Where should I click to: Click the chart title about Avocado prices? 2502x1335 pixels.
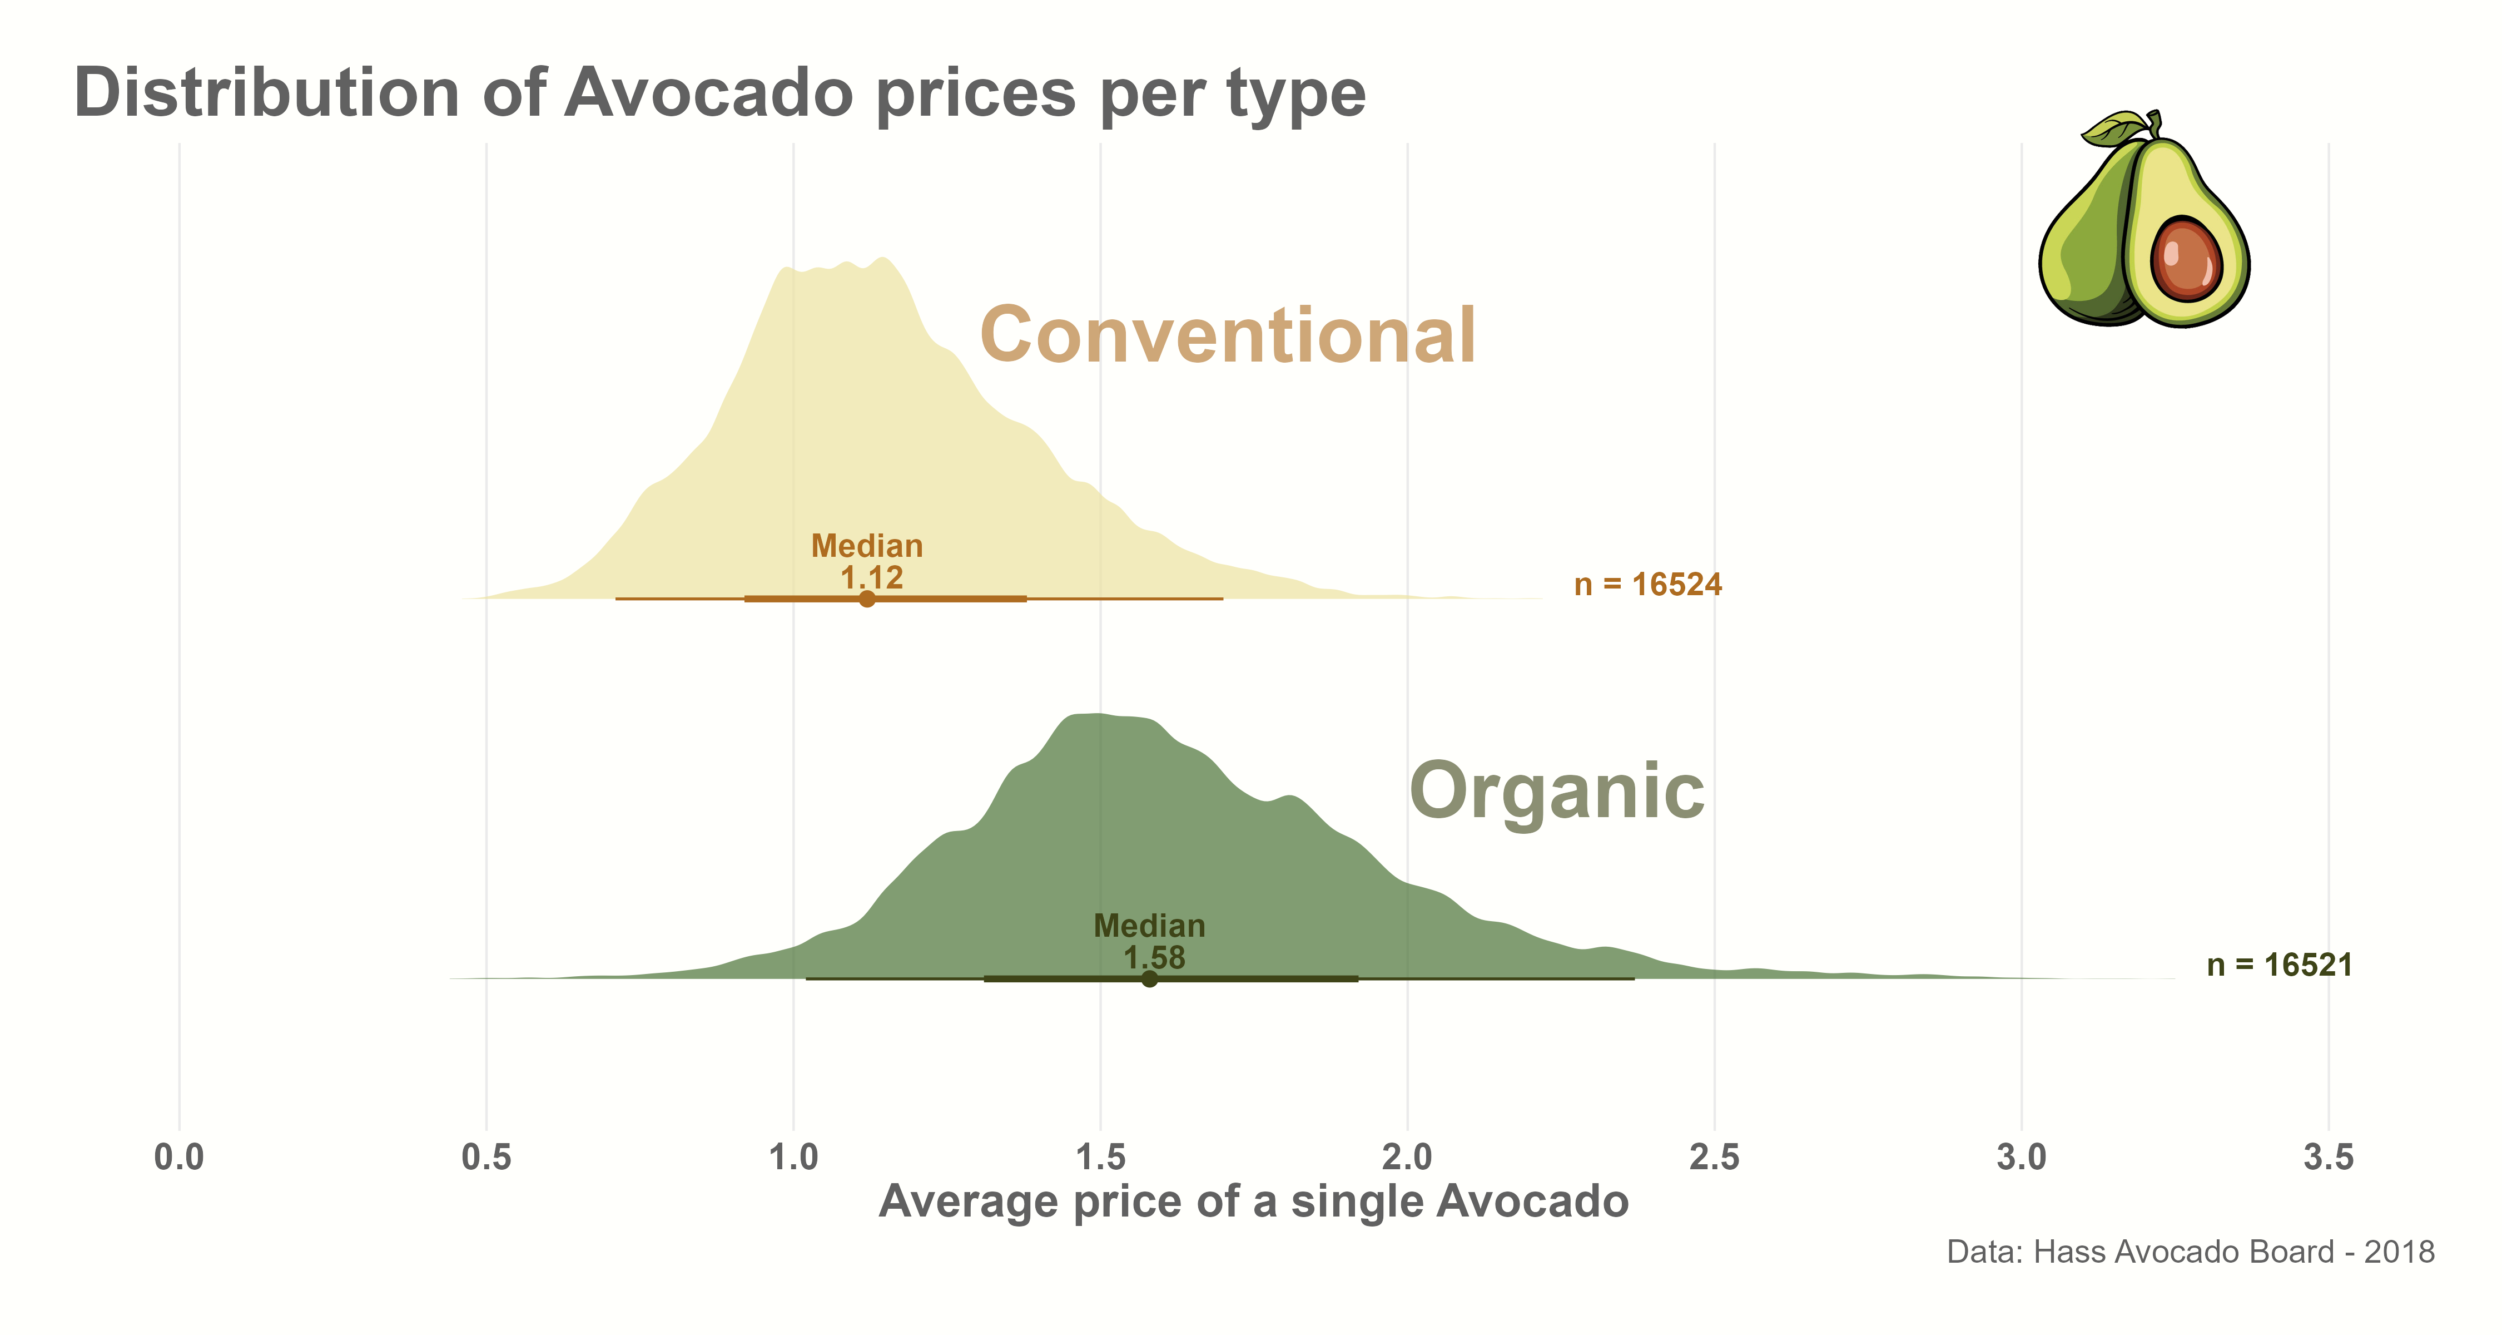point(719,94)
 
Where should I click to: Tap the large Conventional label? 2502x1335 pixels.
point(1228,335)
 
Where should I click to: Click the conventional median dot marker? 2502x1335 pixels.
point(867,599)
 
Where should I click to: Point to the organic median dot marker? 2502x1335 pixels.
point(1149,978)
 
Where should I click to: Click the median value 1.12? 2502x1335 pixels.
point(871,577)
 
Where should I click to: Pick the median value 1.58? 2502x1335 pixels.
point(1154,957)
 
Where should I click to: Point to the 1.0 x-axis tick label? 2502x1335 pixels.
point(793,1157)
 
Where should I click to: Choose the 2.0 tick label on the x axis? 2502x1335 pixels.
point(1407,1157)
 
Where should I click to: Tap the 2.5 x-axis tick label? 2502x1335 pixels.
point(1714,1157)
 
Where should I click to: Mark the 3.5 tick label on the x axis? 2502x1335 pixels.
point(2328,1157)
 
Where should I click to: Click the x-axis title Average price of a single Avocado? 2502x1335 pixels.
point(1253,1202)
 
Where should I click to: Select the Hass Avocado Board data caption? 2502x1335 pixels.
point(2190,1252)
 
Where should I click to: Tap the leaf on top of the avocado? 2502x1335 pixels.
point(2114,127)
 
